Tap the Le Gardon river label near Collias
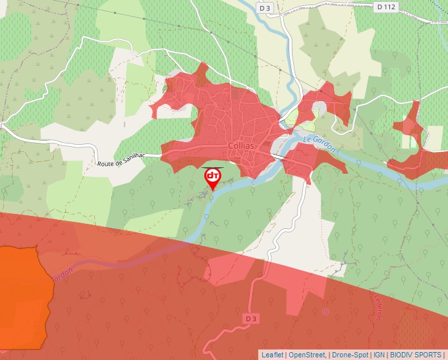(320, 144)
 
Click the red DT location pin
(213, 177)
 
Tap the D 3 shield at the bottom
(250, 319)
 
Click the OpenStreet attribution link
(308, 355)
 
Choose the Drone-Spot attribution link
(350, 355)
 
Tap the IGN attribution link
(379, 355)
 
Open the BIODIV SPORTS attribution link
(416, 355)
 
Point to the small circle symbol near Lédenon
(325, 311)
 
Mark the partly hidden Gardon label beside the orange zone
(61, 276)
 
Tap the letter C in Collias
(229, 147)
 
